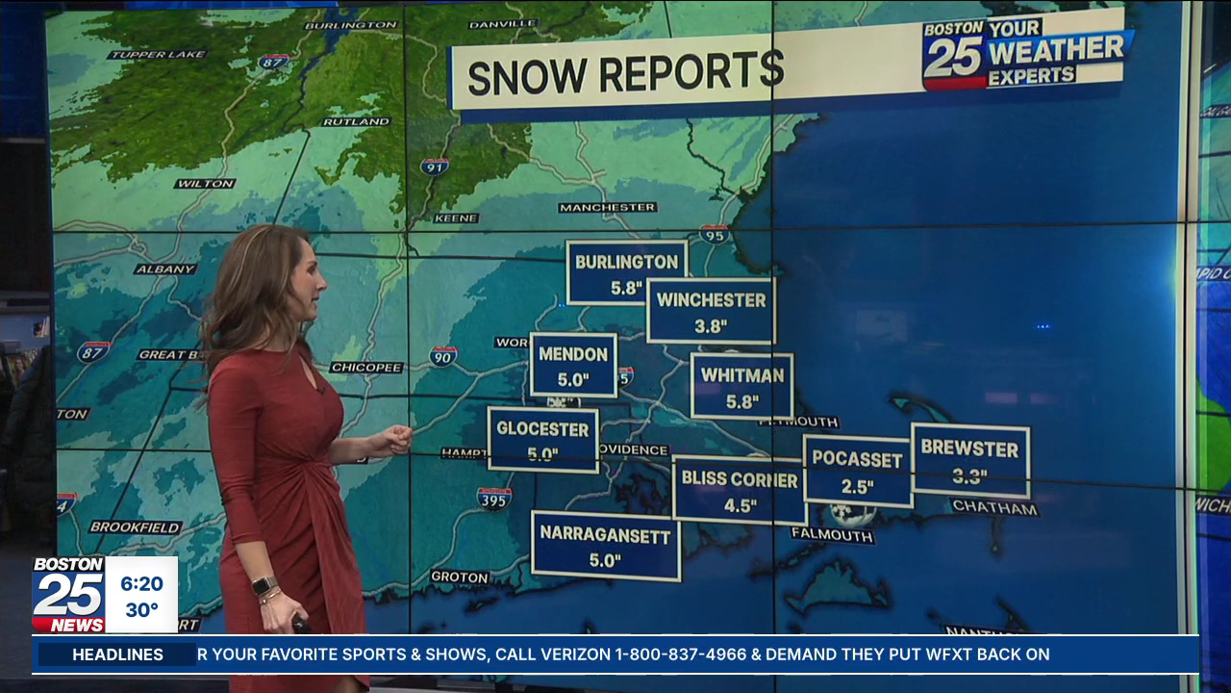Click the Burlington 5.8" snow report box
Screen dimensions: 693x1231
click(627, 272)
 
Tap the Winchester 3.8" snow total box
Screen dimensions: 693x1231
click(711, 311)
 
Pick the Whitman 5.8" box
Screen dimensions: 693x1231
click(741, 386)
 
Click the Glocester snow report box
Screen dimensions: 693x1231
click(542, 440)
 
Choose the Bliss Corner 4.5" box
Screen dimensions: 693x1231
click(739, 490)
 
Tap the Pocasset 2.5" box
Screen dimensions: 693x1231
click(857, 471)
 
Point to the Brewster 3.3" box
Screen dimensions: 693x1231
click(969, 460)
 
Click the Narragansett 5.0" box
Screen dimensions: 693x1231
click(605, 546)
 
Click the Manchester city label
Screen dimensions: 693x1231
click(607, 207)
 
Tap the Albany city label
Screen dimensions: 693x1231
click(165, 269)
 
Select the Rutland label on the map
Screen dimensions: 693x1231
click(356, 122)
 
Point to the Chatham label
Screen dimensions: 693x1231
click(994, 507)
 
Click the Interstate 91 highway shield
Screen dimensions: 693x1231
click(435, 166)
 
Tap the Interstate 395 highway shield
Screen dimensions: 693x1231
click(493, 498)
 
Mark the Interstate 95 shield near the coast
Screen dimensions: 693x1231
click(714, 233)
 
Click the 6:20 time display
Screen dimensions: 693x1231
click(141, 583)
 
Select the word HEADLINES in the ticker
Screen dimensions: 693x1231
click(118, 654)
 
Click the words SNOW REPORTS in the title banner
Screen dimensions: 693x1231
click(625, 73)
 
